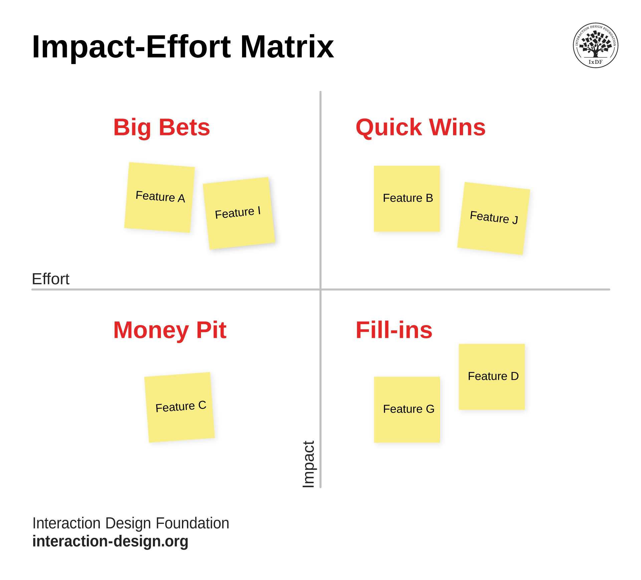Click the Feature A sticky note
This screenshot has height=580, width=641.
[160, 197]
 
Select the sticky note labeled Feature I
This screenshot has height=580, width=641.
[239, 213]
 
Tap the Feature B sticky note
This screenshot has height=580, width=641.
[407, 198]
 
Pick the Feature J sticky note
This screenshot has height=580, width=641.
[493, 218]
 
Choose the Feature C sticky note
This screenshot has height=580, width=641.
[179, 407]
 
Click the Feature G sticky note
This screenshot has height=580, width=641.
[407, 410]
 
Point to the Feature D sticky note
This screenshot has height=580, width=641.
[491, 377]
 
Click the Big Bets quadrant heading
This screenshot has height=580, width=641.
[162, 127]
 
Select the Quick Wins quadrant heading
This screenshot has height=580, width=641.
[420, 127]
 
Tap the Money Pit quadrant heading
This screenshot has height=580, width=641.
[170, 330]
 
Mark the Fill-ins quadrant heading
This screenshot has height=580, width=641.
[394, 330]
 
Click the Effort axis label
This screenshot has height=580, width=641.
[50, 279]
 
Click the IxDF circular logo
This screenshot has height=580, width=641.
[595, 45]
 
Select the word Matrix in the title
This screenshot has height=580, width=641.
[287, 47]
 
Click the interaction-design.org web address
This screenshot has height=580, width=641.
[110, 541]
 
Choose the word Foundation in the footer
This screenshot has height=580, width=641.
[192, 523]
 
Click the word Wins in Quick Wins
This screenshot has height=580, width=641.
[457, 127]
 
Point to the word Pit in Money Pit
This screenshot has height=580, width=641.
[211, 330]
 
